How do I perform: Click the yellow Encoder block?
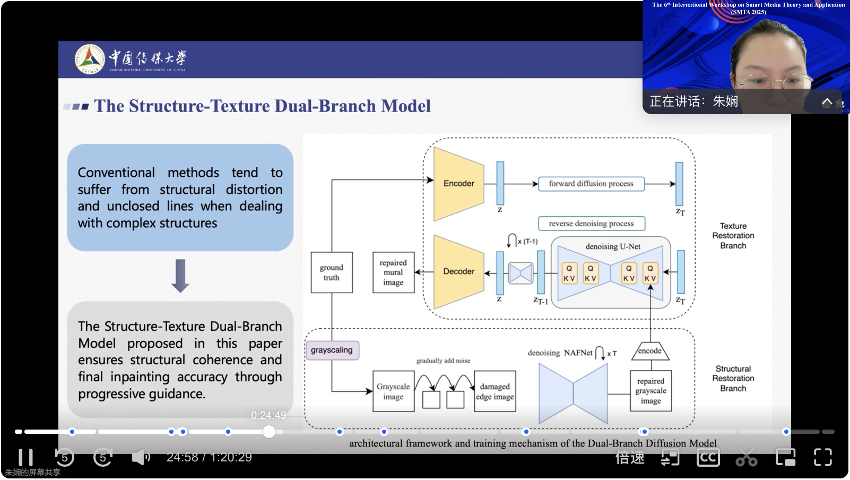(x=458, y=184)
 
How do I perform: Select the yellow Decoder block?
(x=458, y=272)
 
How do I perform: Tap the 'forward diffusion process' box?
(x=591, y=184)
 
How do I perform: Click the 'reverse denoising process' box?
(x=591, y=224)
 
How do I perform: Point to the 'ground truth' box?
(x=332, y=272)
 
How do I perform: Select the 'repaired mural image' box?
(x=393, y=272)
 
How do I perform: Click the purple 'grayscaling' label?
(x=332, y=350)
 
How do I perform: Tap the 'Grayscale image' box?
(x=393, y=392)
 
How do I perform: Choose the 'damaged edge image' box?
(x=495, y=392)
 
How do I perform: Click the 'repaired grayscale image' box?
(x=650, y=391)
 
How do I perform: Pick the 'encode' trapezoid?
(x=650, y=351)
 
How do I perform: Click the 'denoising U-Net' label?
(x=613, y=246)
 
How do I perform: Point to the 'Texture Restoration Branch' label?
(x=733, y=236)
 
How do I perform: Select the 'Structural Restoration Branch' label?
(x=733, y=379)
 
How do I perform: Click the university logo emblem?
(x=90, y=59)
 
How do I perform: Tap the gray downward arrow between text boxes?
(x=180, y=276)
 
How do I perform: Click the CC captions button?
(x=708, y=457)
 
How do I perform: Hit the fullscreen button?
(x=822, y=457)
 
